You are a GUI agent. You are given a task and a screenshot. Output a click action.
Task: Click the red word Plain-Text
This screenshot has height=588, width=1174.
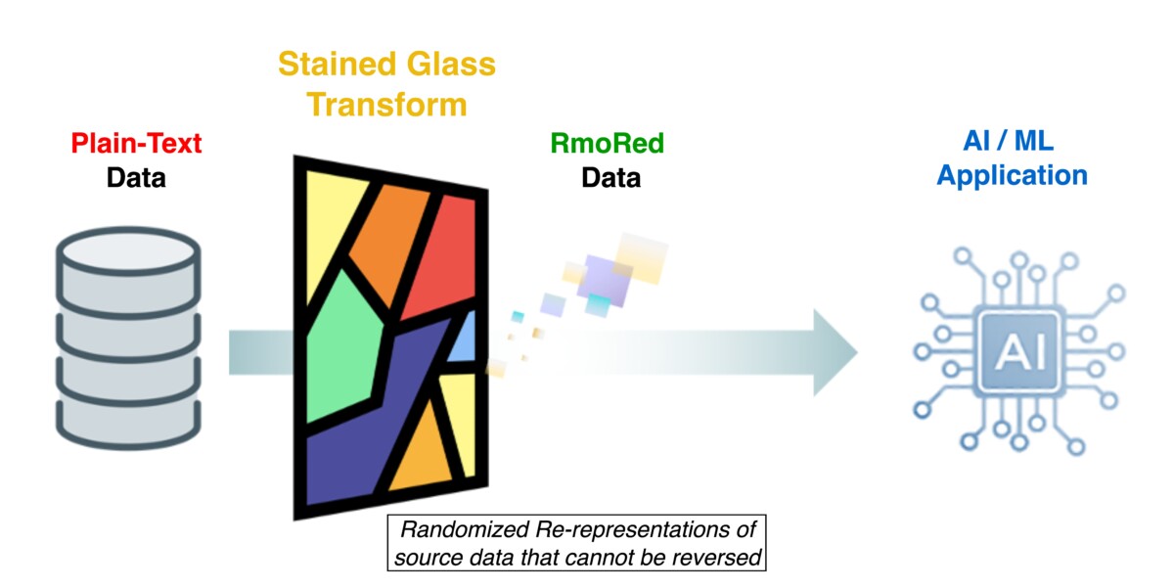click(x=136, y=143)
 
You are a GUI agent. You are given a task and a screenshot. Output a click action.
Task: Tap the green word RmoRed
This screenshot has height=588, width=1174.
click(x=607, y=143)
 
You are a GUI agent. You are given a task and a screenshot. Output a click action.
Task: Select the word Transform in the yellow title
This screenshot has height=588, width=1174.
click(x=386, y=105)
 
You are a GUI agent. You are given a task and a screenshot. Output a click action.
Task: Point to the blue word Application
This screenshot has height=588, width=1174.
click(x=1012, y=175)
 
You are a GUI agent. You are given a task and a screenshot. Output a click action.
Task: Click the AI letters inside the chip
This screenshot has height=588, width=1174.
click(x=1020, y=351)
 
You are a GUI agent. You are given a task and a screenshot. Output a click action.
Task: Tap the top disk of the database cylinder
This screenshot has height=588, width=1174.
click(x=128, y=251)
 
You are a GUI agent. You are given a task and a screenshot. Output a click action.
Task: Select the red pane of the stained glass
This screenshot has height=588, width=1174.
click(x=443, y=256)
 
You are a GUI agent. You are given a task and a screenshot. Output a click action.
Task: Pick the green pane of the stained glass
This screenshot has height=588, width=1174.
click(x=343, y=346)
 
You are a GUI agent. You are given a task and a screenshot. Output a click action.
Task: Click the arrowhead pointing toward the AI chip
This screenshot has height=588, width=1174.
click(x=834, y=352)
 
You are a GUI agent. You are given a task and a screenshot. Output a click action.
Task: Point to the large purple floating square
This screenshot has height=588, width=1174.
click(x=604, y=281)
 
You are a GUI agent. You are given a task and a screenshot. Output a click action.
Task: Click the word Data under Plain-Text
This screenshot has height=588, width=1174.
click(x=136, y=178)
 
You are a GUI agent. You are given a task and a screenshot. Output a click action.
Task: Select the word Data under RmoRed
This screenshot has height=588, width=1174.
click(x=611, y=178)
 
